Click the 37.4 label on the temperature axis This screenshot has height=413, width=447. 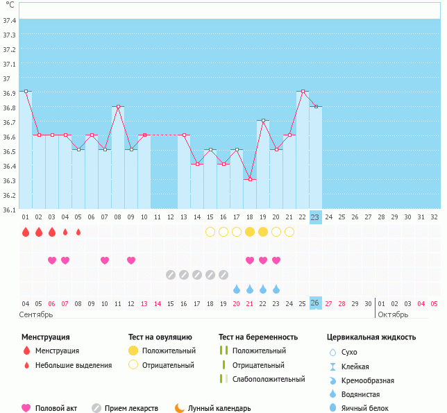tap(10, 20)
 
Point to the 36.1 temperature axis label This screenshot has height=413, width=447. tap(10, 209)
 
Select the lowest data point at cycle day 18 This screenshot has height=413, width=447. tap(250, 180)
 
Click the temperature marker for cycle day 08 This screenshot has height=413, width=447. tap(118, 106)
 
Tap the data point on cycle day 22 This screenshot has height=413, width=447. tap(303, 92)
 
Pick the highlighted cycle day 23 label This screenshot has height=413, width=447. tap(315, 217)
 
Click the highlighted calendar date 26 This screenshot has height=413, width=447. tap(315, 303)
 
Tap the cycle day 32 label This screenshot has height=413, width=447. tap(434, 217)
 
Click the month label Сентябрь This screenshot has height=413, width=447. tap(36, 314)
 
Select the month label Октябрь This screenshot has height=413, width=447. tap(393, 314)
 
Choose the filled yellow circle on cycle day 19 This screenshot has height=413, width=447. tap(263, 232)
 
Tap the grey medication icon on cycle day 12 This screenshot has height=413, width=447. tap(171, 275)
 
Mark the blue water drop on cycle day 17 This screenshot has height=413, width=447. tap(237, 289)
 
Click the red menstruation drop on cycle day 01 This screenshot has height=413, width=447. tap(26, 232)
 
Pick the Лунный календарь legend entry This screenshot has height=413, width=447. tap(217, 409)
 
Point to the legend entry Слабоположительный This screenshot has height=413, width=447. tap(268, 379)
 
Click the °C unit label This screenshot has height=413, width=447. tap(10, 5)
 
